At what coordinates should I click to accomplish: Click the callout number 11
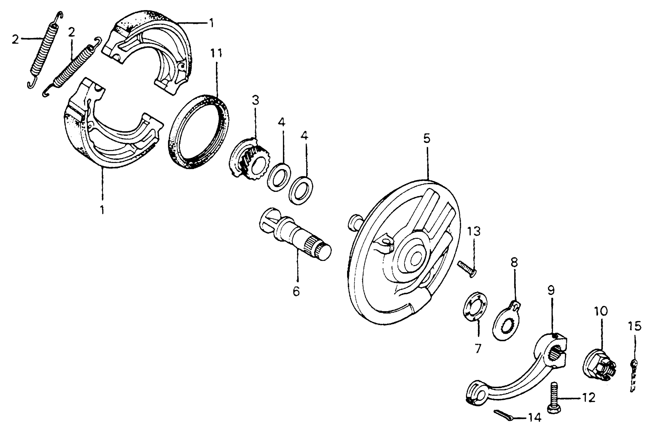(x=216, y=53)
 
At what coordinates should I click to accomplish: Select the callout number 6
(x=296, y=292)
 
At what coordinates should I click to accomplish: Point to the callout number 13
(x=474, y=231)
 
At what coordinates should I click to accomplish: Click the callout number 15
(x=634, y=326)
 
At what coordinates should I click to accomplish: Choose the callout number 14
(x=535, y=418)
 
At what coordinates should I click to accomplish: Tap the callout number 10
(x=601, y=311)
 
